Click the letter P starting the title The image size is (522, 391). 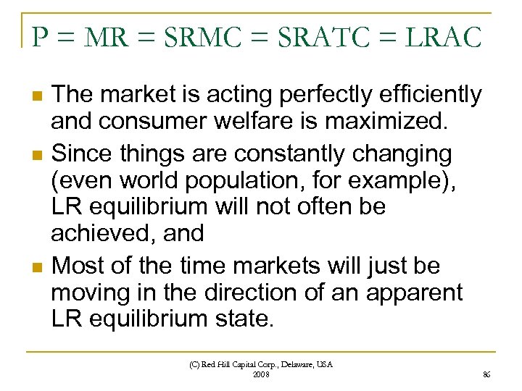(x=41, y=37)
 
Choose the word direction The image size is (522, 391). (x=264, y=293)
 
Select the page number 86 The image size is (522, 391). (x=486, y=374)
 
